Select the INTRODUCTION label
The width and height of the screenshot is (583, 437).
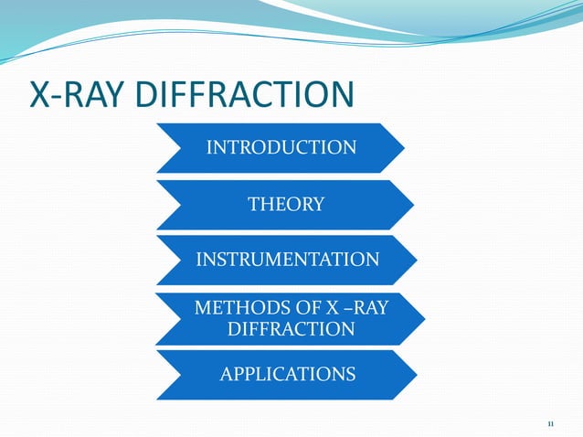click(281, 147)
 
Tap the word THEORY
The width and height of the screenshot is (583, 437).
click(287, 204)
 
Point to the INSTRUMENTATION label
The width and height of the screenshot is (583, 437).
click(288, 260)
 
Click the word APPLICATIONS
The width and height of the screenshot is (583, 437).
click(288, 374)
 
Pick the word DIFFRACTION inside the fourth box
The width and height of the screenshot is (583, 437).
click(291, 329)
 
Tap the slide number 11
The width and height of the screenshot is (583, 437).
click(550, 423)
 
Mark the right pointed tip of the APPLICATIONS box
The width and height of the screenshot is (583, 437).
click(418, 375)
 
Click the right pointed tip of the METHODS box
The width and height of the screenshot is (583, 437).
click(425, 317)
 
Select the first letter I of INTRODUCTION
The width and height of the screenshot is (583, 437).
click(209, 147)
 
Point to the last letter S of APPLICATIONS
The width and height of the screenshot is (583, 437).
click(351, 374)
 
